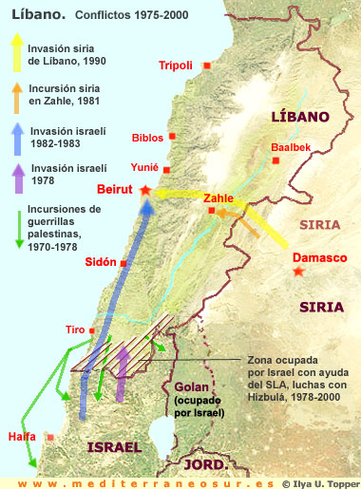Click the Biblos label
148,137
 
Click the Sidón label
100,261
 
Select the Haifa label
21,436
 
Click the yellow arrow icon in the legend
17,54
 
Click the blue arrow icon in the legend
17,136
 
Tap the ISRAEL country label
113,447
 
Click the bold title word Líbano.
29,16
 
